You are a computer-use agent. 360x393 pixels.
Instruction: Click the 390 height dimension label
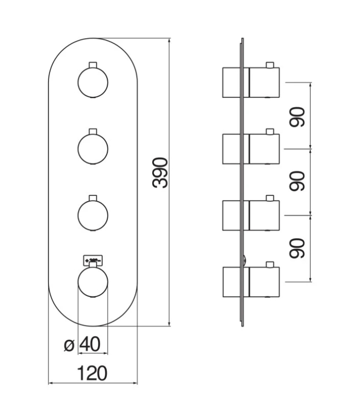(x=161, y=174)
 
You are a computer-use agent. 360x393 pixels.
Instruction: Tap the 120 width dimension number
(x=93, y=372)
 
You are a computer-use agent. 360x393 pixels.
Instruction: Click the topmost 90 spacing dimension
(x=298, y=116)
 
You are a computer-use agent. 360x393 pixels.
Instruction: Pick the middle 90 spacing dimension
(x=298, y=181)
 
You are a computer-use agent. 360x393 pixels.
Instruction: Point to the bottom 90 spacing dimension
(x=298, y=248)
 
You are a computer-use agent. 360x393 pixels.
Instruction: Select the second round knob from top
(x=93, y=148)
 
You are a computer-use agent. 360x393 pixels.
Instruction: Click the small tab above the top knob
(x=93, y=64)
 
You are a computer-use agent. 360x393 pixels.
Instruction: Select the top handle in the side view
(x=251, y=83)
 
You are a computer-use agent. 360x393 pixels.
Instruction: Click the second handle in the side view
(x=251, y=149)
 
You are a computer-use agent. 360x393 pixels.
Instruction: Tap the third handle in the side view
(x=251, y=215)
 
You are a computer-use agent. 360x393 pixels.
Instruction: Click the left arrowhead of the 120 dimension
(x=51, y=383)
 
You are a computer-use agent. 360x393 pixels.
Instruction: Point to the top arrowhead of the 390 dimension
(x=170, y=41)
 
